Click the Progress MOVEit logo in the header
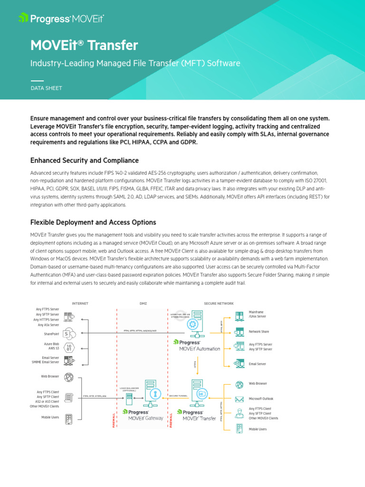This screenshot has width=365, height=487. (x=61, y=19)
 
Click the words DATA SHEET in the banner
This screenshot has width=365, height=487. (x=46, y=88)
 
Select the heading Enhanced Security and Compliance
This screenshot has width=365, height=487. (x=85, y=160)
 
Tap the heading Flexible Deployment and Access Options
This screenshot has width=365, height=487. (x=93, y=222)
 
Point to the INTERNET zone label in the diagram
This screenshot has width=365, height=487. (x=80, y=303)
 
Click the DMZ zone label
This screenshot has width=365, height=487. (x=143, y=303)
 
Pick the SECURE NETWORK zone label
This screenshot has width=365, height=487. (x=219, y=303)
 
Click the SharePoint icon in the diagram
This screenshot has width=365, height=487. (x=68, y=333)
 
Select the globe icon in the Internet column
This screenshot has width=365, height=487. (x=68, y=377)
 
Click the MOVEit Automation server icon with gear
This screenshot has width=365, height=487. (x=193, y=323)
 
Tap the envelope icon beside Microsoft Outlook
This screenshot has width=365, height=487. (x=240, y=399)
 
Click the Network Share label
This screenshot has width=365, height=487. (x=259, y=331)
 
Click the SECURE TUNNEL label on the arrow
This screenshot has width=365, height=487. (x=178, y=396)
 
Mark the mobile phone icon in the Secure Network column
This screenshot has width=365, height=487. (x=240, y=429)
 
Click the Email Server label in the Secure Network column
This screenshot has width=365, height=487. (x=258, y=364)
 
